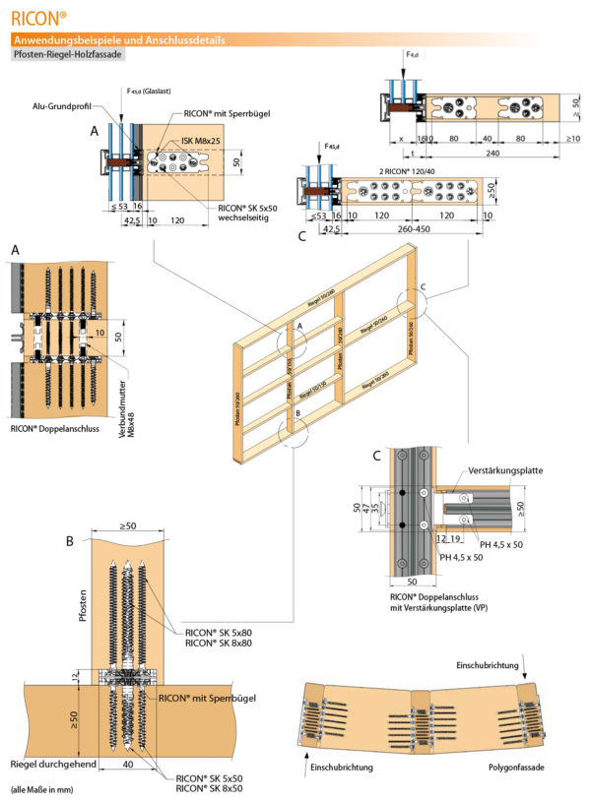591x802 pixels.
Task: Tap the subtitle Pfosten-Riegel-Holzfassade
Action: (67, 55)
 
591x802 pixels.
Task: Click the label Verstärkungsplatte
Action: (505, 470)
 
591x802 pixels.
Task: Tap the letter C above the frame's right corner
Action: (425, 287)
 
